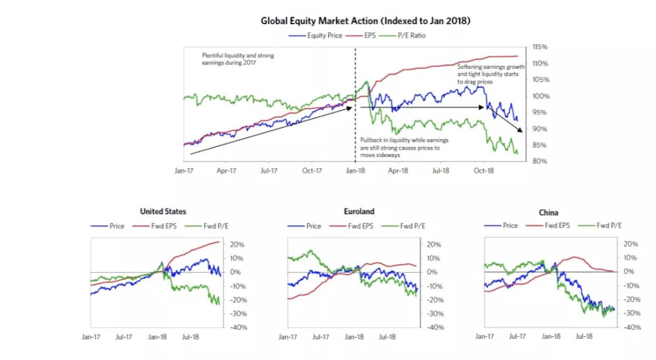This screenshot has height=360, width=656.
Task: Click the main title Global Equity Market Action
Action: tap(366, 21)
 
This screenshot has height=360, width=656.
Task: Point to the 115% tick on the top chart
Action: tap(540, 47)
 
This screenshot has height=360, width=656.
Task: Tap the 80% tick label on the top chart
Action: tap(540, 161)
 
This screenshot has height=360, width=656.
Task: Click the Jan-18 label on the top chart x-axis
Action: tap(355, 172)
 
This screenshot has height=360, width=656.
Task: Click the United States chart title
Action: tap(163, 211)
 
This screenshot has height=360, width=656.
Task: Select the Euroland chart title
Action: tap(358, 211)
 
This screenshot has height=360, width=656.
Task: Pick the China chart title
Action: tap(548, 212)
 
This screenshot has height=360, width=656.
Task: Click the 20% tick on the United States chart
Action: tap(237, 244)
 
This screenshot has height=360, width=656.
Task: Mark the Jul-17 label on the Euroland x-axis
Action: tap(321, 336)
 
